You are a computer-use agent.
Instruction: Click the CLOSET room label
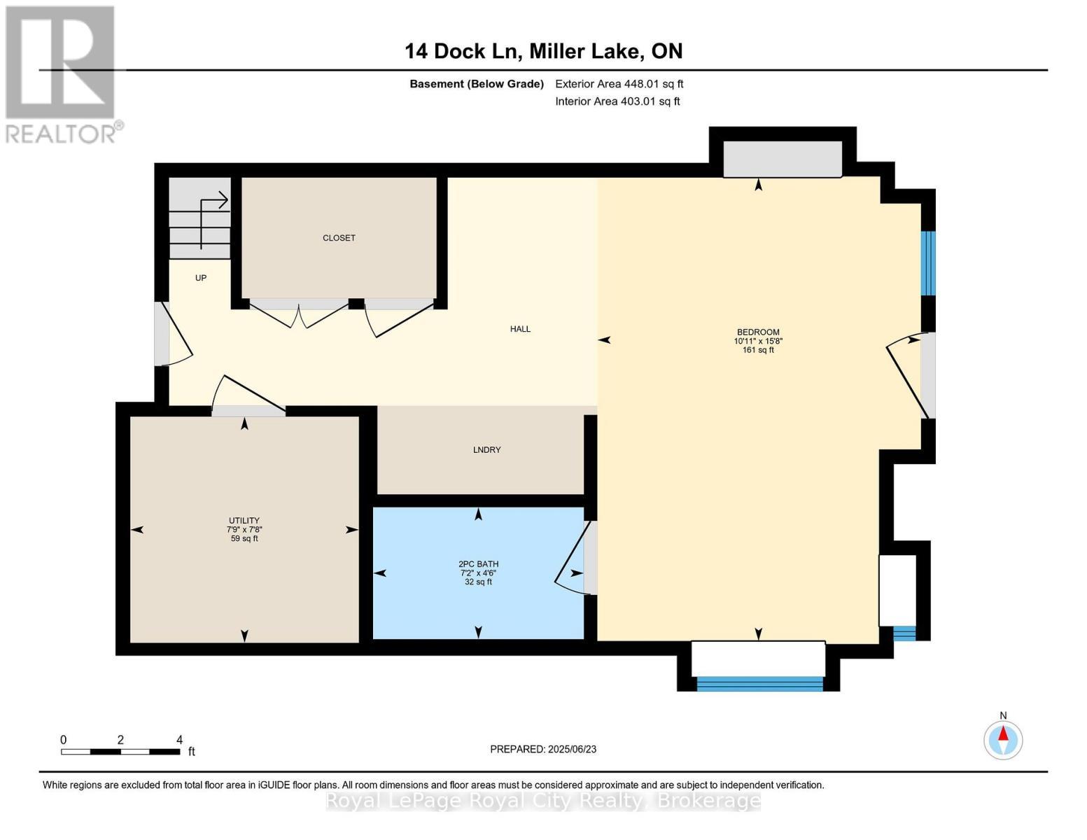[x=339, y=238]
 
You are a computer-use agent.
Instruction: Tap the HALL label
[x=520, y=329]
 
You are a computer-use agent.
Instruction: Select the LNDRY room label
[x=486, y=450]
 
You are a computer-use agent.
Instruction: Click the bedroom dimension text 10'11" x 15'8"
[x=758, y=342]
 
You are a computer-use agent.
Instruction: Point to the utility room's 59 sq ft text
[x=244, y=539]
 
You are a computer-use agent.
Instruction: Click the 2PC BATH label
[x=478, y=564]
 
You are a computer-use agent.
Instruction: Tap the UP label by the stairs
[x=201, y=278]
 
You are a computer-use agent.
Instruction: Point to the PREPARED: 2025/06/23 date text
[x=543, y=749]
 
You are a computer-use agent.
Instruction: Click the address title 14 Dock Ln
[x=463, y=51]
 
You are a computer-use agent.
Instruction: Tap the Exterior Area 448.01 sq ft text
[x=619, y=84]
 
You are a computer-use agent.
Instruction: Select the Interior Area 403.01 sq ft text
[x=617, y=101]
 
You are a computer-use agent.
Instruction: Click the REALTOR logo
[x=62, y=73]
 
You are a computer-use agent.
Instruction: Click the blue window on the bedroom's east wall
[x=927, y=263]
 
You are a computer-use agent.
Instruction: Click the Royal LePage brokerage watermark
[x=543, y=800]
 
